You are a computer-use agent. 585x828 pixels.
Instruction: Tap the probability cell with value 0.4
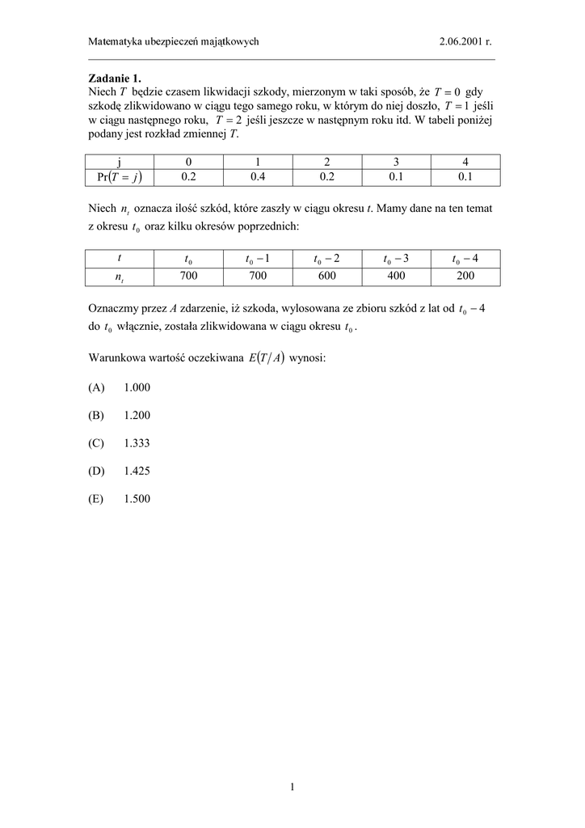258,175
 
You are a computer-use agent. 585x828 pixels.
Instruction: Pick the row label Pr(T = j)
119,175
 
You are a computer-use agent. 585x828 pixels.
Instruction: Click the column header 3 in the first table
396,161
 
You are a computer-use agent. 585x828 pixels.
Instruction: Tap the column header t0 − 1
258,259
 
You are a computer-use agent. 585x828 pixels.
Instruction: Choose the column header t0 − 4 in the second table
465,259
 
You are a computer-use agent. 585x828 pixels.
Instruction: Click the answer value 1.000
137,387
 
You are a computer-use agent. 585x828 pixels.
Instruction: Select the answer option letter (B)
97,416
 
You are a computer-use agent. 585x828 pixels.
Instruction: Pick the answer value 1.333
137,443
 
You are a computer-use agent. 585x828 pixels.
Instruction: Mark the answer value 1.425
137,471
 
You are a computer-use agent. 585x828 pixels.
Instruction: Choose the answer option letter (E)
97,499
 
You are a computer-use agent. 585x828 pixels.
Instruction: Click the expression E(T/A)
265,358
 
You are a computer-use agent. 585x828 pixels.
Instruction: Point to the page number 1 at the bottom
292,786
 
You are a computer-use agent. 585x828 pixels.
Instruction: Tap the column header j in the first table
119,161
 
